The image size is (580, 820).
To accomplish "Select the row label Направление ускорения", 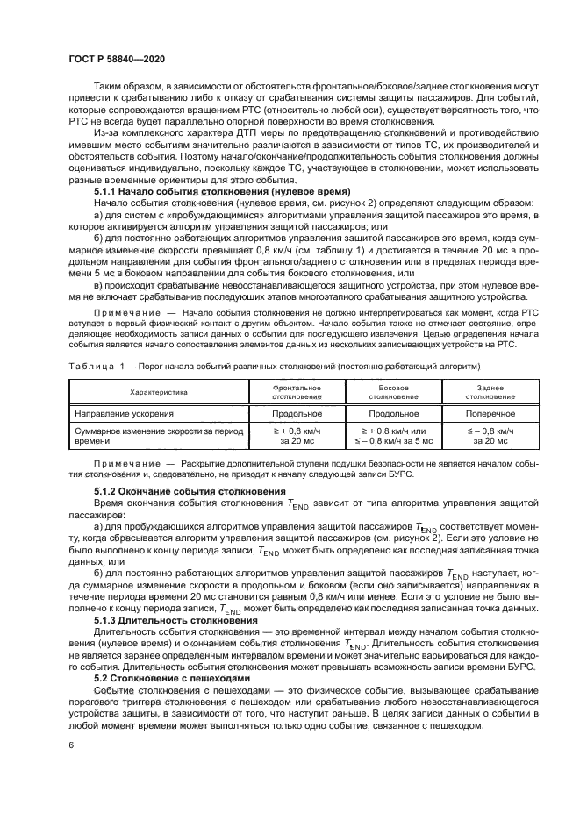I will pos(123,412).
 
